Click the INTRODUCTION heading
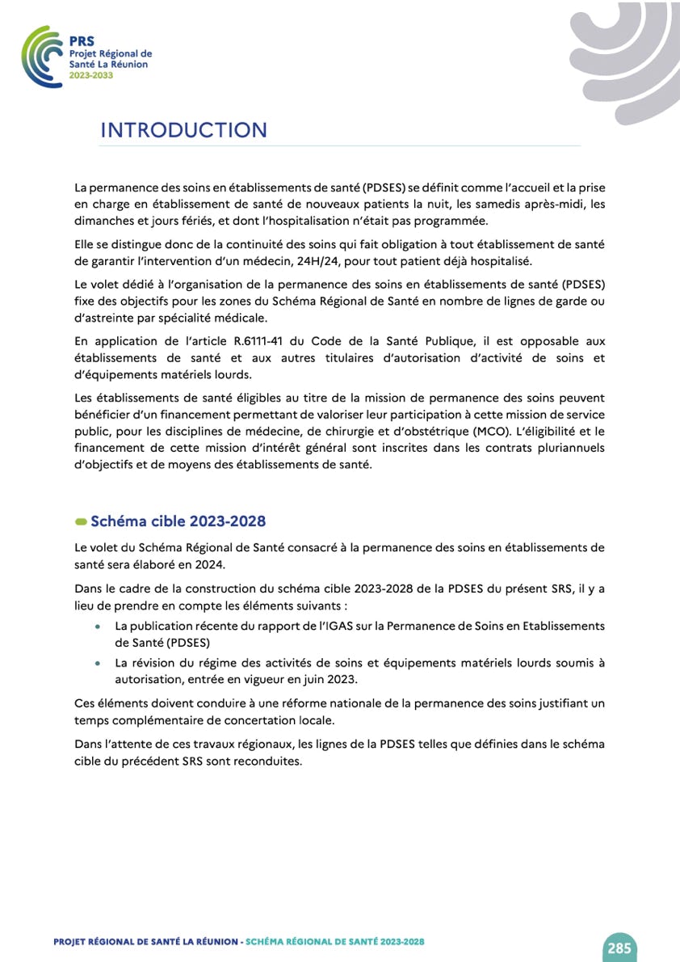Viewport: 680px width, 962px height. point(183,130)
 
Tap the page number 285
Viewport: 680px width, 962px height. point(619,947)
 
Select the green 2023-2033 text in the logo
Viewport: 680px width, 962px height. point(91,74)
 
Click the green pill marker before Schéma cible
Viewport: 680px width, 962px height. point(81,521)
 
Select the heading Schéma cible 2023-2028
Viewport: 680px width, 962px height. point(178,521)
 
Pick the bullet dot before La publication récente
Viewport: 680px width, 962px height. point(98,627)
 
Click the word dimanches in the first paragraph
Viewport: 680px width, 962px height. point(102,221)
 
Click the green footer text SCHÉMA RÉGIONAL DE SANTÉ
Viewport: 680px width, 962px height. point(334,942)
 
